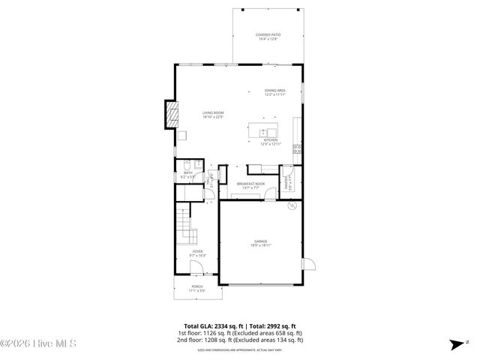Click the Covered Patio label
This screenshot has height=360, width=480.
pyautogui.click(x=267, y=36)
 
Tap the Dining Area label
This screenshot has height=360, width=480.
pyautogui.click(x=274, y=92)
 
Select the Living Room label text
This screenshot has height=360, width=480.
pyautogui.click(x=213, y=115)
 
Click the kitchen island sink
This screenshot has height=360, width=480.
pyautogui.click(x=265, y=131)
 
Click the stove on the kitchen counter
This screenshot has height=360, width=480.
pyautogui.click(x=298, y=149)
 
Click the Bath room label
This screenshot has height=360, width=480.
pyautogui.click(x=188, y=175)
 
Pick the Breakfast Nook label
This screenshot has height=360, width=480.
pyautogui.click(x=251, y=185)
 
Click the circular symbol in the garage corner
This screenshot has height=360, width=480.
pyautogui.click(x=294, y=205)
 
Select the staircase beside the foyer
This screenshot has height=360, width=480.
pyautogui.click(x=184, y=223)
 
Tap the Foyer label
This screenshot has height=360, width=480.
pyautogui.click(x=196, y=253)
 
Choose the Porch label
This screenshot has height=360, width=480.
pyautogui.click(x=196, y=288)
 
